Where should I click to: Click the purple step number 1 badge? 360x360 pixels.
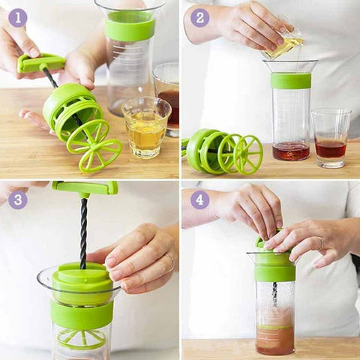18,18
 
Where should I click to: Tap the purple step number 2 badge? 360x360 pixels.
200,18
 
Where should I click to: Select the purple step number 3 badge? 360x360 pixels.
18,199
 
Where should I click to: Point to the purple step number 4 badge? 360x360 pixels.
200,199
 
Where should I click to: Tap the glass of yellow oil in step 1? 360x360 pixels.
146,127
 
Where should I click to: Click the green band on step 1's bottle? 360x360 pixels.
130,25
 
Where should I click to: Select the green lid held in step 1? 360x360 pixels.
73,109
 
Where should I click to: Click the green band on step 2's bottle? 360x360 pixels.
291,81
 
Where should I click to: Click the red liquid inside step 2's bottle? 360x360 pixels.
291,151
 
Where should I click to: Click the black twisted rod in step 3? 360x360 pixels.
84,232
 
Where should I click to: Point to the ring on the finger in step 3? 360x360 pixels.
172,264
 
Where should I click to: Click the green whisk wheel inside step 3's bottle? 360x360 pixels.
82,339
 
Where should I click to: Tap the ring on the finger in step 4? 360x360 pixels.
321,243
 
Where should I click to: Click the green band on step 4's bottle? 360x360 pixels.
275,272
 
